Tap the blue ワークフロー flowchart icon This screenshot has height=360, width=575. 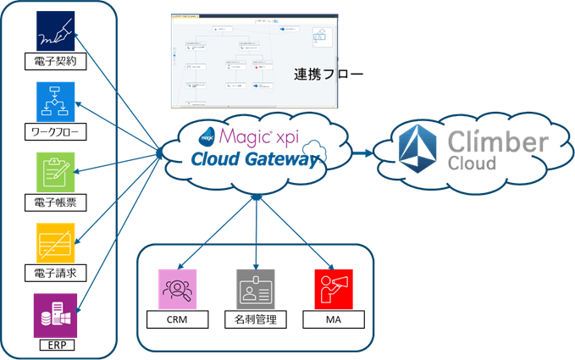point(56,102)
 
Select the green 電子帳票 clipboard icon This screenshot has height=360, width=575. point(56,173)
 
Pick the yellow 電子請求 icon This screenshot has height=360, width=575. point(56,244)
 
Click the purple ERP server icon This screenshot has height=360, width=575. point(54,315)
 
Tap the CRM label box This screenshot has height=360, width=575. point(178,320)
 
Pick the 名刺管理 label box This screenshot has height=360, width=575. point(256,320)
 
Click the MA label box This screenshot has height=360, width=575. point(334,320)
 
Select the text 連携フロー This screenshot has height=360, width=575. point(329,74)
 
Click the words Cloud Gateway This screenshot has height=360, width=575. point(247,158)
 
